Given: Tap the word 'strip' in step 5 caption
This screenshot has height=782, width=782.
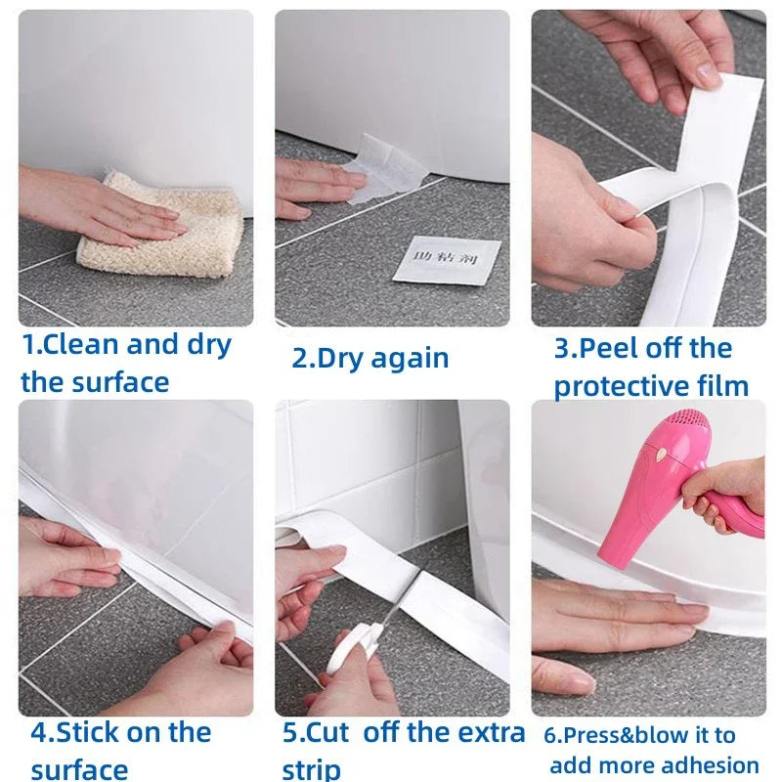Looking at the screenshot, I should (x=311, y=768).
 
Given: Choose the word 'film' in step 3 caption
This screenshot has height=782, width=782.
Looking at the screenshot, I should (x=724, y=386).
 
